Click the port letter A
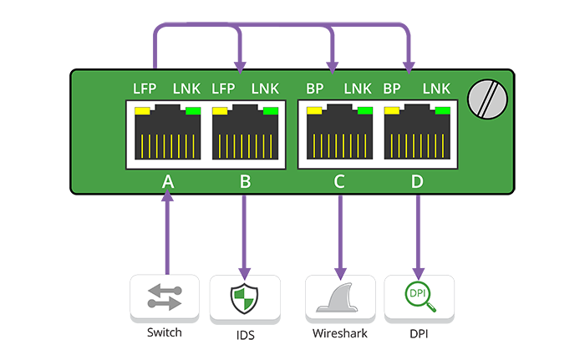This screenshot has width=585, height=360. click(x=167, y=180)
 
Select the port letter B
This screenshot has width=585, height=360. click(x=244, y=180)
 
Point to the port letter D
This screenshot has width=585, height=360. click(x=417, y=180)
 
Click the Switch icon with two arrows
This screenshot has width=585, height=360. click(x=165, y=297)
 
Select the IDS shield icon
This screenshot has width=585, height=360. click(x=244, y=297)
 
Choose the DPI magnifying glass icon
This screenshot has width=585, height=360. click(x=419, y=297)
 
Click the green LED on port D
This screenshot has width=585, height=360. click(x=442, y=110)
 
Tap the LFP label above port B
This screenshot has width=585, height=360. click(x=224, y=88)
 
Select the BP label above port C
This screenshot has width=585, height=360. click(x=314, y=88)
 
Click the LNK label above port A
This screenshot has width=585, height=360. click(x=186, y=88)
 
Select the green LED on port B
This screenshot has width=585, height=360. click(x=270, y=110)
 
